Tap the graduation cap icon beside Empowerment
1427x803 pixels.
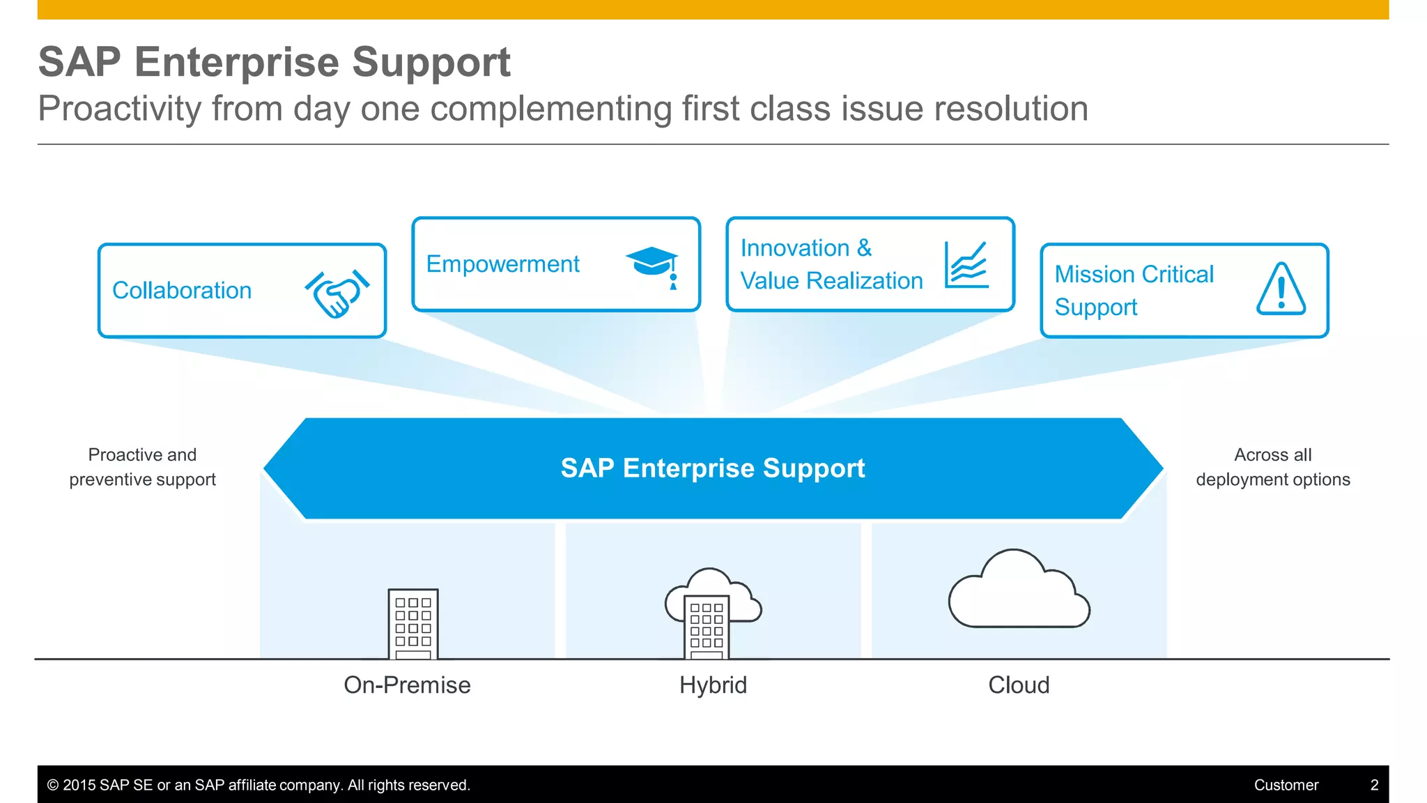point(653,265)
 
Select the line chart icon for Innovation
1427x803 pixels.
point(966,265)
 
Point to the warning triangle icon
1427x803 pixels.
point(1281,290)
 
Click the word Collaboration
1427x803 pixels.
point(182,291)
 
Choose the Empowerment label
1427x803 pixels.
point(502,264)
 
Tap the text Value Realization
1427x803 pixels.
point(831,281)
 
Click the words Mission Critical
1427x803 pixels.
point(1134,275)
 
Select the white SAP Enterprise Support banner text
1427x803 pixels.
point(713,468)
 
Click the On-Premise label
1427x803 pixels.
point(407,685)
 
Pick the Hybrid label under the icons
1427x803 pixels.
point(713,685)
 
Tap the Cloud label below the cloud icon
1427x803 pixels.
point(1019,685)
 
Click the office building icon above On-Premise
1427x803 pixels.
point(413,624)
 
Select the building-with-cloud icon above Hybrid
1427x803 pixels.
point(711,613)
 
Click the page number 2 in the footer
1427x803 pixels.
point(1374,785)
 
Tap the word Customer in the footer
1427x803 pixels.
point(1286,785)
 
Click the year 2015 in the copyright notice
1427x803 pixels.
point(79,785)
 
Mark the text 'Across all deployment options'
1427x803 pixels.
point(1273,467)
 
